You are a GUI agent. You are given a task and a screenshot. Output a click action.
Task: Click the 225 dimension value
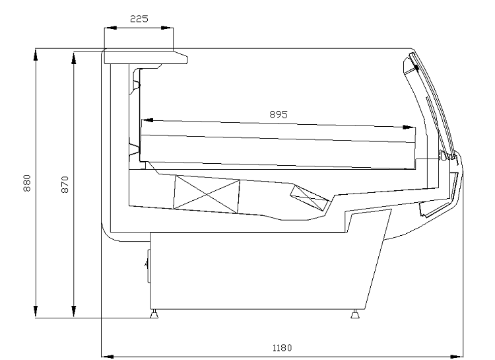[139, 19]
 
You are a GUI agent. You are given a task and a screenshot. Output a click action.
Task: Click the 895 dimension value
[279, 114]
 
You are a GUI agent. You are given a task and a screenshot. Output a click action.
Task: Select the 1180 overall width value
[282, 347]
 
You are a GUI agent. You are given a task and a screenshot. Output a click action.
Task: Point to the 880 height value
[27, 183]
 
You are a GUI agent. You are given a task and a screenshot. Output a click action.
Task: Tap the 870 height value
[65, 184]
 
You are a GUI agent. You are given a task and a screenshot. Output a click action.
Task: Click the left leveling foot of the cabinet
[154, 314]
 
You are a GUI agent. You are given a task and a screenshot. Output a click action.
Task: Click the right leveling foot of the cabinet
[355, 314]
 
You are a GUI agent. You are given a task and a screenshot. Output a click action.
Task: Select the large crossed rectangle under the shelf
[207, 194]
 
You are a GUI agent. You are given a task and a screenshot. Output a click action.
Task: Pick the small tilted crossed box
[310, 198]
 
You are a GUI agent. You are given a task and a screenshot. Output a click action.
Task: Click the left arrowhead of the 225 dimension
[110, 28]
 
